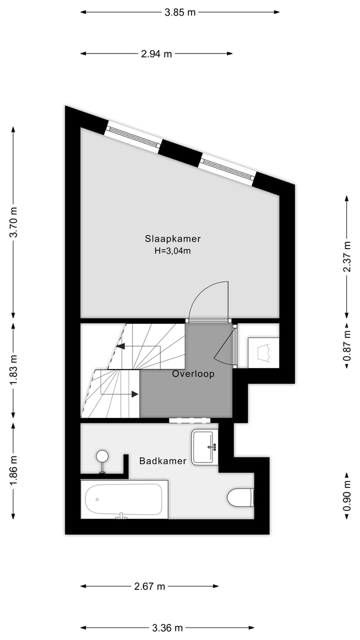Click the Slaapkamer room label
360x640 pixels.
[172, 238]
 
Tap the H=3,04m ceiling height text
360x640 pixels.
[172, 251]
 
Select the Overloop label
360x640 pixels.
[193, 373]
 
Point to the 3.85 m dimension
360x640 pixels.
[180, 12]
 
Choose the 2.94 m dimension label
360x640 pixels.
[156, 54]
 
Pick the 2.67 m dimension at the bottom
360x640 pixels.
[149, 586]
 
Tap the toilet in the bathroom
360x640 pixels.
[240, 498]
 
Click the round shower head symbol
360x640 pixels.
[102, 455]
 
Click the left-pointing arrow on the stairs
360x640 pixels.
[120, 346]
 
